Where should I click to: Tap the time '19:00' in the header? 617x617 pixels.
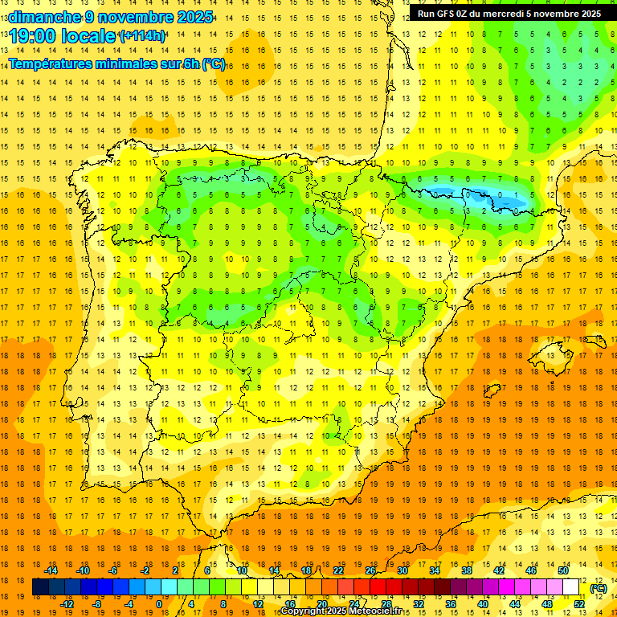point(36,36)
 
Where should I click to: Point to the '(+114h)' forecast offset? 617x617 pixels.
point(141,36)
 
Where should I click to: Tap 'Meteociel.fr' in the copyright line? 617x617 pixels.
point(378,611)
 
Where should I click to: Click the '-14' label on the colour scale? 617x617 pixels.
point(51,570)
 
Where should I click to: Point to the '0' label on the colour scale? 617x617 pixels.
point(158,604)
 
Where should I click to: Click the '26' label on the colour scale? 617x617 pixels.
point(370,570)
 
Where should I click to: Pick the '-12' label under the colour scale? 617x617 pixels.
point(67,604)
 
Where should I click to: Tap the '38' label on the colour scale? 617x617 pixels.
point(466,570)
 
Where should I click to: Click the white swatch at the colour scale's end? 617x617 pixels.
point(571,587)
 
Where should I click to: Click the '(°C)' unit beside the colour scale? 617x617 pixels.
point(598,588)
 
